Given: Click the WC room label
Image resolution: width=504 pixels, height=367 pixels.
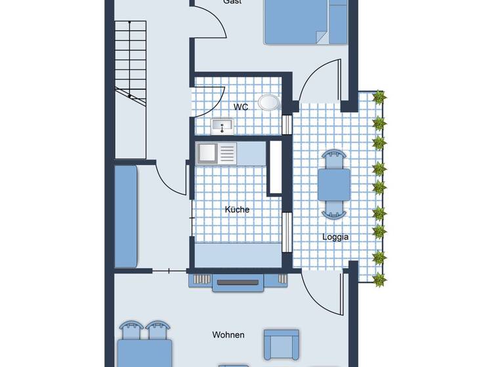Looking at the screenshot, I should (241, 107).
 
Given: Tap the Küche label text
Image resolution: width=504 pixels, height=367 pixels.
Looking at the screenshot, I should (237, 210).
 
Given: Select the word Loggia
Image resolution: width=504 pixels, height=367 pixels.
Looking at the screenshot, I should (335, 237).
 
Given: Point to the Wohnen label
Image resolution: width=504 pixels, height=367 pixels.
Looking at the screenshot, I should (228, 335).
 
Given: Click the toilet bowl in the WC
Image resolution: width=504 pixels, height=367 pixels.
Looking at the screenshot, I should (268, 102).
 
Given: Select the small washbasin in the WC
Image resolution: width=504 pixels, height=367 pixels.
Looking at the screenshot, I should (222, 125).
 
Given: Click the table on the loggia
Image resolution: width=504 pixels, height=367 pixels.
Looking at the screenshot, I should (334, 184).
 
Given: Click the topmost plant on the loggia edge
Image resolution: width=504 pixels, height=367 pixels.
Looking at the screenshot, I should (379, 98).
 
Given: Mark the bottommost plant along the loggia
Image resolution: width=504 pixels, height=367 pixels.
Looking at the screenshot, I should (379, 280).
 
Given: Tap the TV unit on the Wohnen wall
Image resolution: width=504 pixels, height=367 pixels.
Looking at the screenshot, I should (238, 282).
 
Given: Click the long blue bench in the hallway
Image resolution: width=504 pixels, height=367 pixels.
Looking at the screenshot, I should (126, 216).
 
